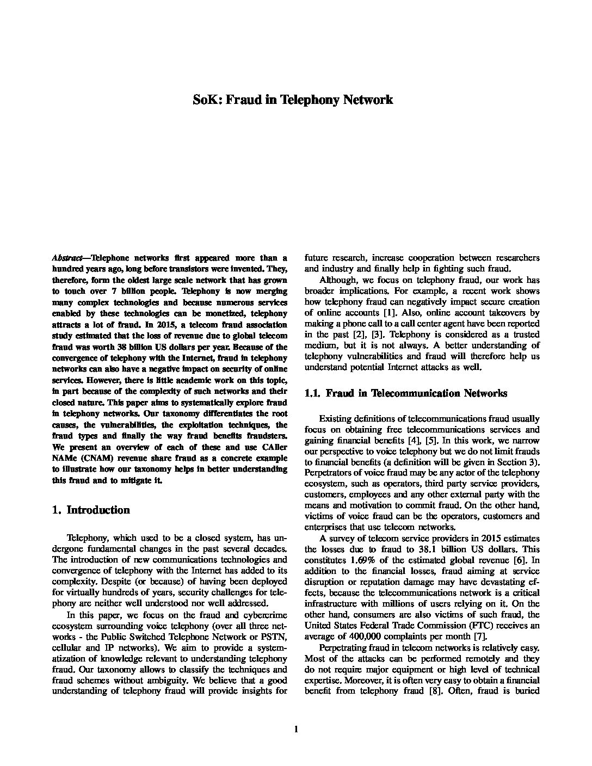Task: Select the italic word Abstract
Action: click(67, 258)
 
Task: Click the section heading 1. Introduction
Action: click(91, 510)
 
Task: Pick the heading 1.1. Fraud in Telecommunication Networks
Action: click(406, 393)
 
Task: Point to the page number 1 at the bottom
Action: click(296, 730)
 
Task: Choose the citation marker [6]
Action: click(519, 560)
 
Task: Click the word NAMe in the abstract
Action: click(64, 458)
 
